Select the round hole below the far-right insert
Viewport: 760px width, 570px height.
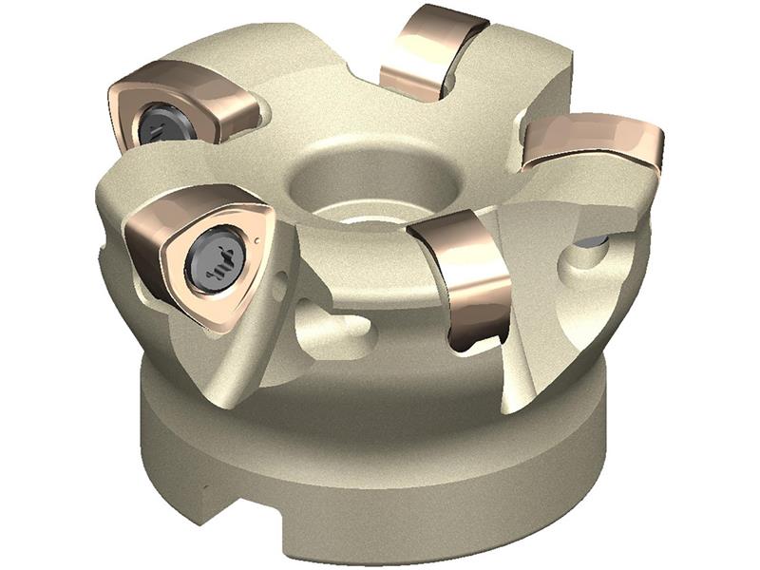point(579,258)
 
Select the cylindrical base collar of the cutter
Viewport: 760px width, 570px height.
point(380,465)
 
